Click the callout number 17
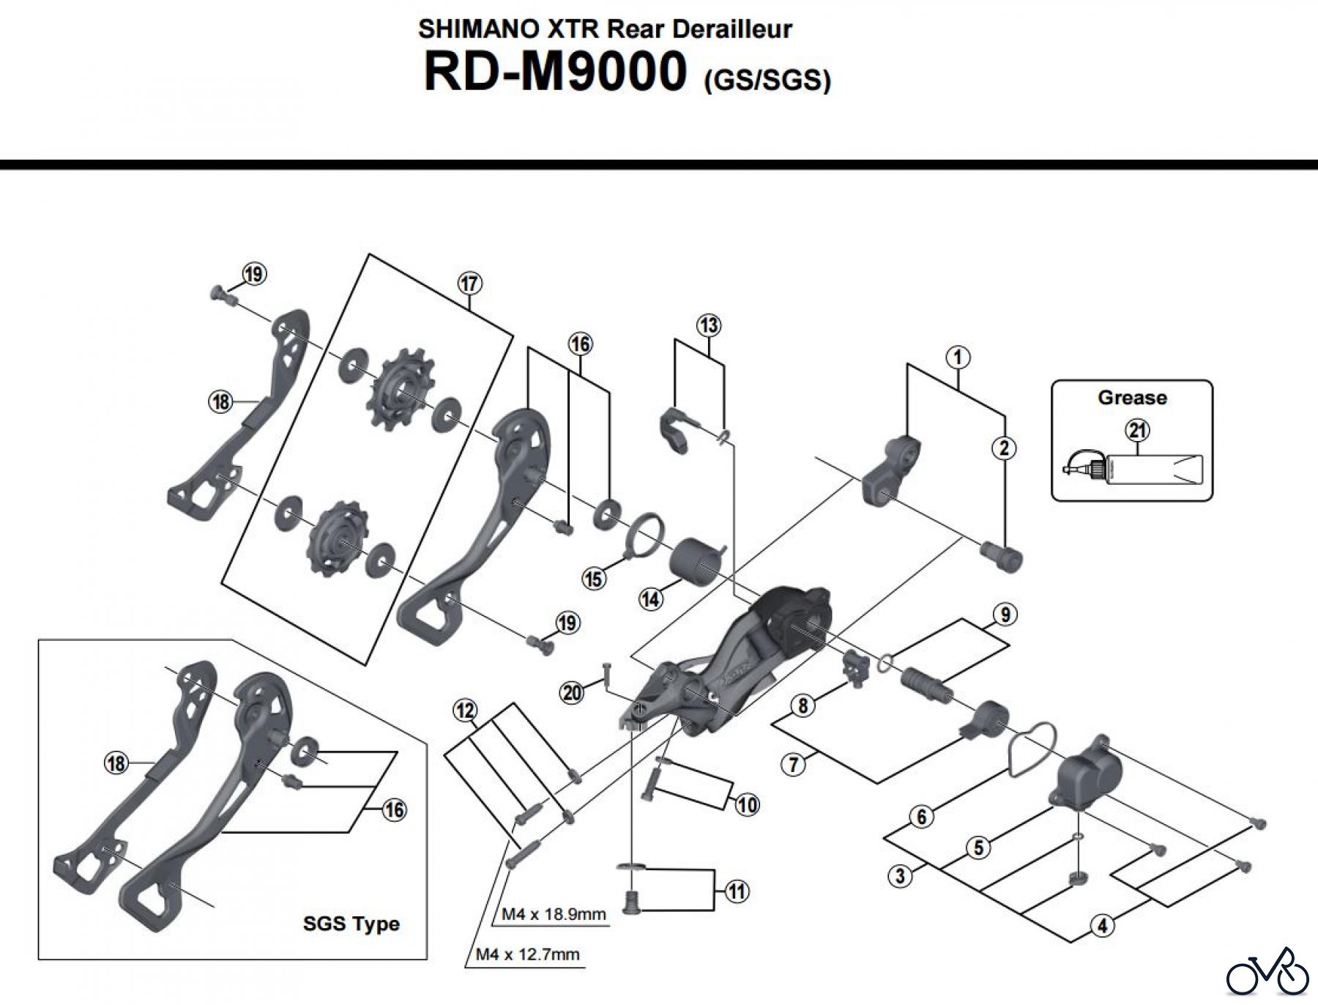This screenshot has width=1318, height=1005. pos(469,283)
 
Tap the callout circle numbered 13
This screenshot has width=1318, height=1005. pos(708,325)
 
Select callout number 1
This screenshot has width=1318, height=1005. pos(958,357)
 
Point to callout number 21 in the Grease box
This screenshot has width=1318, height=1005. pos(1137,430)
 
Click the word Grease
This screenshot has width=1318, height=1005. pos(1131,398)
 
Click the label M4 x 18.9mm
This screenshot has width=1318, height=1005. pos(554,914)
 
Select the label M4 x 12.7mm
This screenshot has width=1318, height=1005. pos(527,954)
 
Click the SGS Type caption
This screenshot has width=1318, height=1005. pos(351,924)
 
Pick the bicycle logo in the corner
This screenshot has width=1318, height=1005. pos(1267,974)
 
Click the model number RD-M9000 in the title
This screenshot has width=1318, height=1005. pos(555,71)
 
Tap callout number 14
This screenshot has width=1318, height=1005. pos(651,599)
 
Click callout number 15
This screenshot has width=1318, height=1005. pos(594,579)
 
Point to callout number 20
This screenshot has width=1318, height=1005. pos(572,691)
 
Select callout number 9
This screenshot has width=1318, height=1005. pos(1005,614)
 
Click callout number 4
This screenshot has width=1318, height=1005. pos(1103,925)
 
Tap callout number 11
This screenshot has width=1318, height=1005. pos(737,891)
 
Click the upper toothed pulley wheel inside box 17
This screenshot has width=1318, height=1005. pos(401,395)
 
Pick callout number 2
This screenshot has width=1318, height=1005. pos(1004,448)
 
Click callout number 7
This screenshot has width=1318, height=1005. pos(794,765)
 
